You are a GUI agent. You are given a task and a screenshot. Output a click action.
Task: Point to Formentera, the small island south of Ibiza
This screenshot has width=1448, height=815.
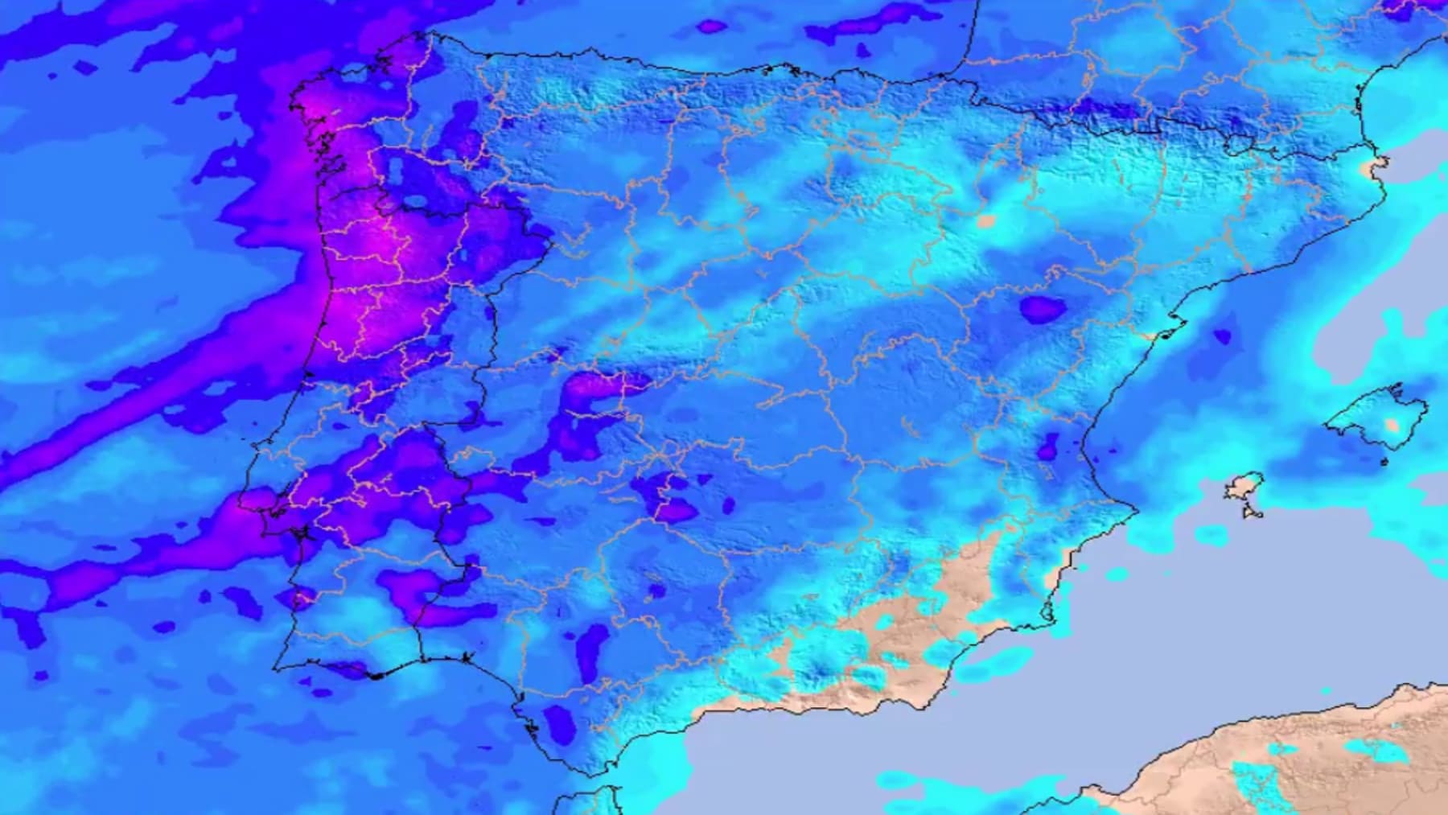tap(1253, 511)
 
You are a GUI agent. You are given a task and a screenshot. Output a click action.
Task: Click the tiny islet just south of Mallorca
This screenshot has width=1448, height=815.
tap(1384, 462)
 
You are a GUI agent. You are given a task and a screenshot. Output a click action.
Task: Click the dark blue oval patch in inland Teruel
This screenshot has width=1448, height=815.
tap(1043, 309)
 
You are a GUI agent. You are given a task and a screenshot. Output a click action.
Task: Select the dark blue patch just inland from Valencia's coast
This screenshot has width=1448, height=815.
tap(1047, 447)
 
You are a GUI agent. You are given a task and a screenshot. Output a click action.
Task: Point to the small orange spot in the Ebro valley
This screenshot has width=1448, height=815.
tap(986, 220)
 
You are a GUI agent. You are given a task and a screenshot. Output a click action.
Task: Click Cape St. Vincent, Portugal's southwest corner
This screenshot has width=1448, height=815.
tap(276, 669)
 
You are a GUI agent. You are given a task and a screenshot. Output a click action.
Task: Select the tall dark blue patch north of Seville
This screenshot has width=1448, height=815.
tap(592, 650)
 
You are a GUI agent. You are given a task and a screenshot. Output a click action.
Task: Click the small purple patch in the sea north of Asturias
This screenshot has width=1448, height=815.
tap(711, 27)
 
